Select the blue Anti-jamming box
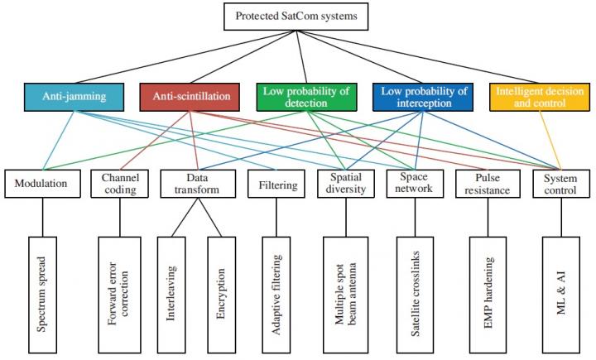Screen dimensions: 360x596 [x=75, y=96]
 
